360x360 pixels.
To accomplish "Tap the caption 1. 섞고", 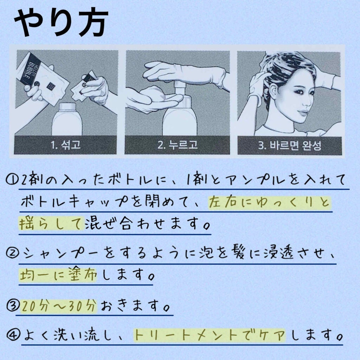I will click(66, 145).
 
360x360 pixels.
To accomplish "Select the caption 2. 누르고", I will click(177, 145).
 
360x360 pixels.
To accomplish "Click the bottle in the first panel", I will click(67, 120).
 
